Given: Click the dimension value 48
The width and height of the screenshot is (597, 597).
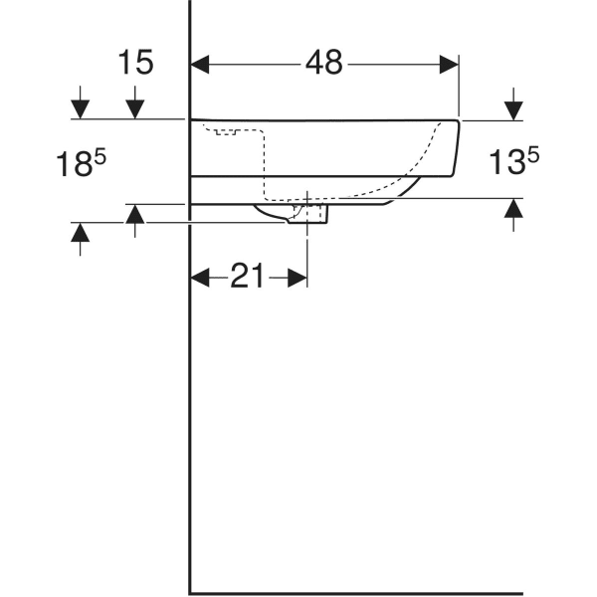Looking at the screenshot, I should (x=324, y=63).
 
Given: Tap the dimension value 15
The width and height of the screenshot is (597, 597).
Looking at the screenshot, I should (x=135, y=63).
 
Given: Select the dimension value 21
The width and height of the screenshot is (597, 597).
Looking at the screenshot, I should (x=247, y=278).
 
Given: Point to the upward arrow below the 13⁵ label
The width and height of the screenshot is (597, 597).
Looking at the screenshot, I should (x=513, y=210).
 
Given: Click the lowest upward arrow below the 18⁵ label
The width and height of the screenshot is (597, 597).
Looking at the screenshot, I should (x=81, y=234).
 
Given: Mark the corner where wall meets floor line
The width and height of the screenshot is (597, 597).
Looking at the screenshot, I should (x=190, y=592).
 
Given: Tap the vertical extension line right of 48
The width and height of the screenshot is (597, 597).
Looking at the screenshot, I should (x=459, y=90).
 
